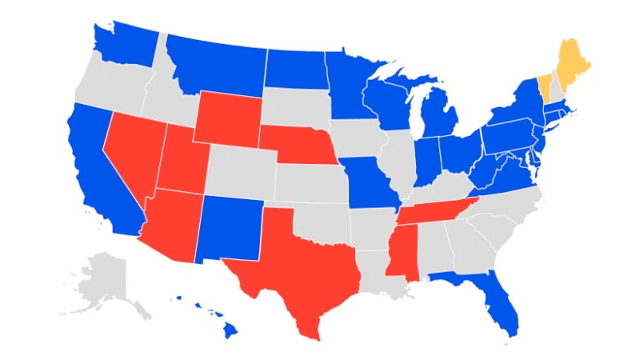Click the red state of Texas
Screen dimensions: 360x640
[300, 264]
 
